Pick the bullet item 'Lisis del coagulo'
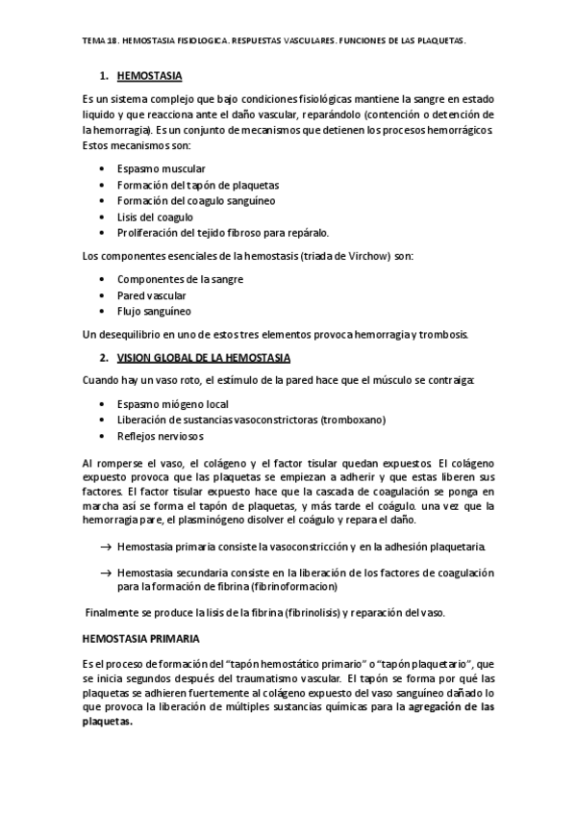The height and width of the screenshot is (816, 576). click(155, 217)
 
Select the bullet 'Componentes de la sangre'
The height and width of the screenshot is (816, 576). click(180, 279)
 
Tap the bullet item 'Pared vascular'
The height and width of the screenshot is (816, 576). click(151, 295)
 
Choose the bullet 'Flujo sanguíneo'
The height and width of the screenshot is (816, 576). click(154, 311)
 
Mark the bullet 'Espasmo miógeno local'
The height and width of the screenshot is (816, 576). click(172, 404)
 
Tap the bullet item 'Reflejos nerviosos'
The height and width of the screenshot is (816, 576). click(161, 436)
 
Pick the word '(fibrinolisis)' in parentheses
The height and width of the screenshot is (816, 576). click(307, 614)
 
